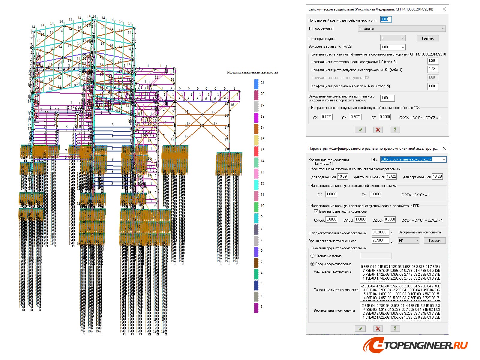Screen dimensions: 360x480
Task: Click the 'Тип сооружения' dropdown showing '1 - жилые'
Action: click(401, 29)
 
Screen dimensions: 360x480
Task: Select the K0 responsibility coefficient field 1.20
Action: click(433, 61)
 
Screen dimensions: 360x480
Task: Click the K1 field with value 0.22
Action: click(433, 69)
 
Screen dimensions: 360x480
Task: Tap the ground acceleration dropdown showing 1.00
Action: click(393, 47)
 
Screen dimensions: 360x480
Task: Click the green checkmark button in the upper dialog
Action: click(360, 130)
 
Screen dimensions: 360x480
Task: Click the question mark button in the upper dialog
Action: click(395, 130)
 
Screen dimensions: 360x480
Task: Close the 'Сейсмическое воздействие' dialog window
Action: click(444, 9)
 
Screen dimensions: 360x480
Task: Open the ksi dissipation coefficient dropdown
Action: click(413, 159)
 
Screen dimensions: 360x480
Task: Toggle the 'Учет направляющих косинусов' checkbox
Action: click(316, 211)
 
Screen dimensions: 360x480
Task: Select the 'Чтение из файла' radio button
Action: click(312, 256)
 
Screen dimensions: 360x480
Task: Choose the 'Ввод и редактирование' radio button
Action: click(312, 264)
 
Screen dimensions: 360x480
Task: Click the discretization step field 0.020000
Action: click(380, 232)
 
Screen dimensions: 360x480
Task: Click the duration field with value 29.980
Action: click(380, 240)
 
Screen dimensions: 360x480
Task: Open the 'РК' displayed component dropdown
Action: click(408, 241)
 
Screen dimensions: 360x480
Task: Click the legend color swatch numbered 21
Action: click(256, 84)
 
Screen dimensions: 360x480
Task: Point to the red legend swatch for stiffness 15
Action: click(256, 151)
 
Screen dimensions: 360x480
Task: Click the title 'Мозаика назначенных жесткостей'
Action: click(252, 72)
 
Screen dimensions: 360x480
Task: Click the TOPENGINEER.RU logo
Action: click(415, 346)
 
